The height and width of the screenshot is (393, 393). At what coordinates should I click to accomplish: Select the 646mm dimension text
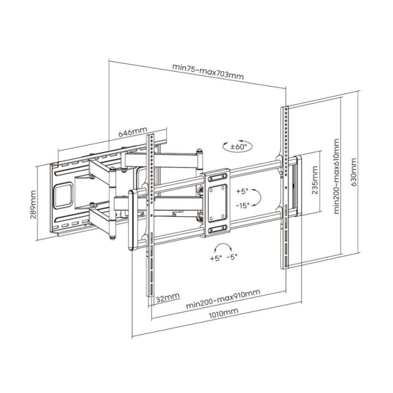pos(132,132)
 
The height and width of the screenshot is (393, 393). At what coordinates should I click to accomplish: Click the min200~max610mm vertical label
pos(337,175)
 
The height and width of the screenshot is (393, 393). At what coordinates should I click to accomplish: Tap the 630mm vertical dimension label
pos(354,175)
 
